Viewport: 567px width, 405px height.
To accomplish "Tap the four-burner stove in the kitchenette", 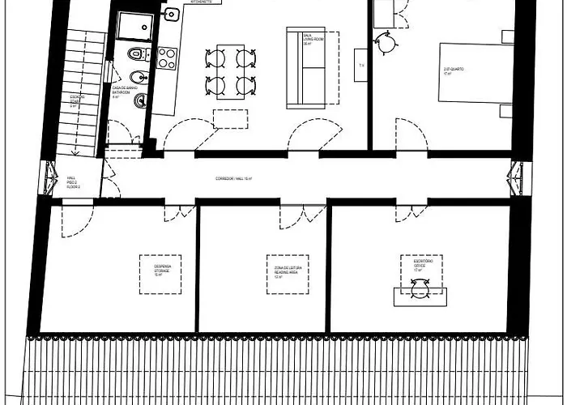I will click(167, 58).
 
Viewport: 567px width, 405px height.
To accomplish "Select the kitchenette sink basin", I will click(171, 15).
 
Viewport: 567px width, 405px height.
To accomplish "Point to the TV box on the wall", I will click(361, 64).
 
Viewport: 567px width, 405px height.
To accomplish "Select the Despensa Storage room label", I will click(160, 271).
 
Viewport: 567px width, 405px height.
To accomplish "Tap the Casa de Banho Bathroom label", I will click(122, 91).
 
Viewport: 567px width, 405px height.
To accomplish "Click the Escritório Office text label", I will click(422, 265).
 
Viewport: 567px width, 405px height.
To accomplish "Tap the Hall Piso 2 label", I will click(72, 184).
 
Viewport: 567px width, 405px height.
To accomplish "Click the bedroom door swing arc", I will click(411, 134).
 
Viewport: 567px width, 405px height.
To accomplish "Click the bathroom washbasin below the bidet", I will click(139, 100).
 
